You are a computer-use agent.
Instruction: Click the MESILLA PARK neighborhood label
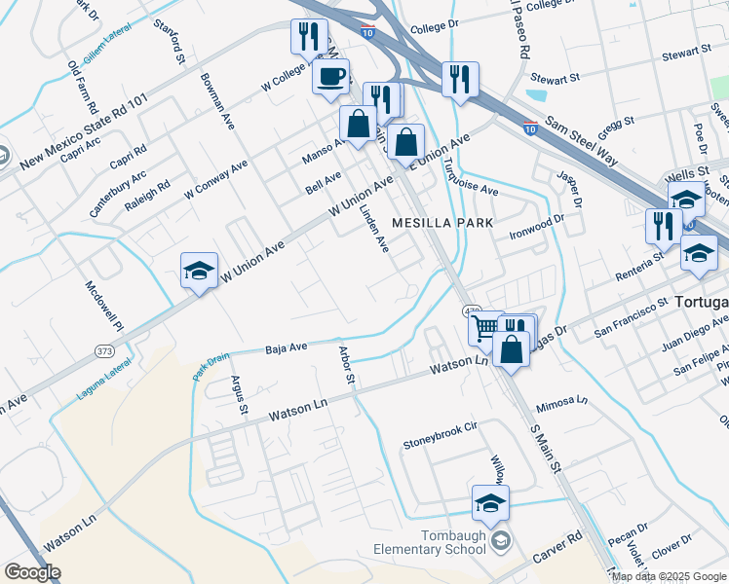(x=443, y=223)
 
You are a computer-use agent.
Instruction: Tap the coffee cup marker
(x=330, y=76)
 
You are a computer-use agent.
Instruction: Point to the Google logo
(x=32, y=572)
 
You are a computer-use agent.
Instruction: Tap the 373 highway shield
(x=104, y=349)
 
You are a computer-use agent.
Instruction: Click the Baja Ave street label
(x=287, y=346)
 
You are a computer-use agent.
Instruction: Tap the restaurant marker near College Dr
(x=460, y=79)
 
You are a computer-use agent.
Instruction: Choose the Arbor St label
(x=346, y=369)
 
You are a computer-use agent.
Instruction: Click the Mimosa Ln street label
(x=562, y=400)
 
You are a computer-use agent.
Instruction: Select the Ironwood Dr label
(x=535, y=224)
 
